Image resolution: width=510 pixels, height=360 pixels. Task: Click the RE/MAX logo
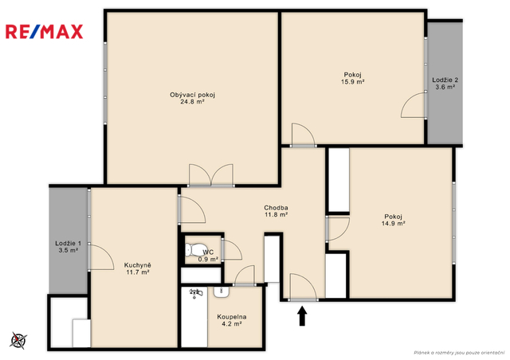point(45,32)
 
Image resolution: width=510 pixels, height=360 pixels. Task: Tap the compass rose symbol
point(18,341)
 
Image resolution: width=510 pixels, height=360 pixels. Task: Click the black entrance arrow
point(303,315)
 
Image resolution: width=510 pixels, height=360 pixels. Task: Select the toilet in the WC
point(194,250)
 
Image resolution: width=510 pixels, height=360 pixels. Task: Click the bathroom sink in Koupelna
point(222,292)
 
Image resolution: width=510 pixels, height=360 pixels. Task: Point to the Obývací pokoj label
point(193,95)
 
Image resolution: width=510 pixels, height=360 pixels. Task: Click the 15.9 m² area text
point(352,82)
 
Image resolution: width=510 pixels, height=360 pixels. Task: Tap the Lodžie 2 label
point(445,80)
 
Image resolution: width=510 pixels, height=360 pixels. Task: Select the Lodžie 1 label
point(69,243)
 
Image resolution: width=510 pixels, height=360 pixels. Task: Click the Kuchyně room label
point(138,265)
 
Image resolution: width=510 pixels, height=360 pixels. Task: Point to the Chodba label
point(276,208)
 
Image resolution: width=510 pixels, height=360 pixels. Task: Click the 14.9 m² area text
point(393,224)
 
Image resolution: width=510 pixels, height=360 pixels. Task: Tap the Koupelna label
point(232,317)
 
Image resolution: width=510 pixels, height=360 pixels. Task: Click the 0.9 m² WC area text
point(208,259)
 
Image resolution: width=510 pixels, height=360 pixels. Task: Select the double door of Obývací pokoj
point(211,175)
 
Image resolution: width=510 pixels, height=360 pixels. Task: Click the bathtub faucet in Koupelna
point(195,292)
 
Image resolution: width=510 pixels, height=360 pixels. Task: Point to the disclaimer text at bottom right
point(459,353)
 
